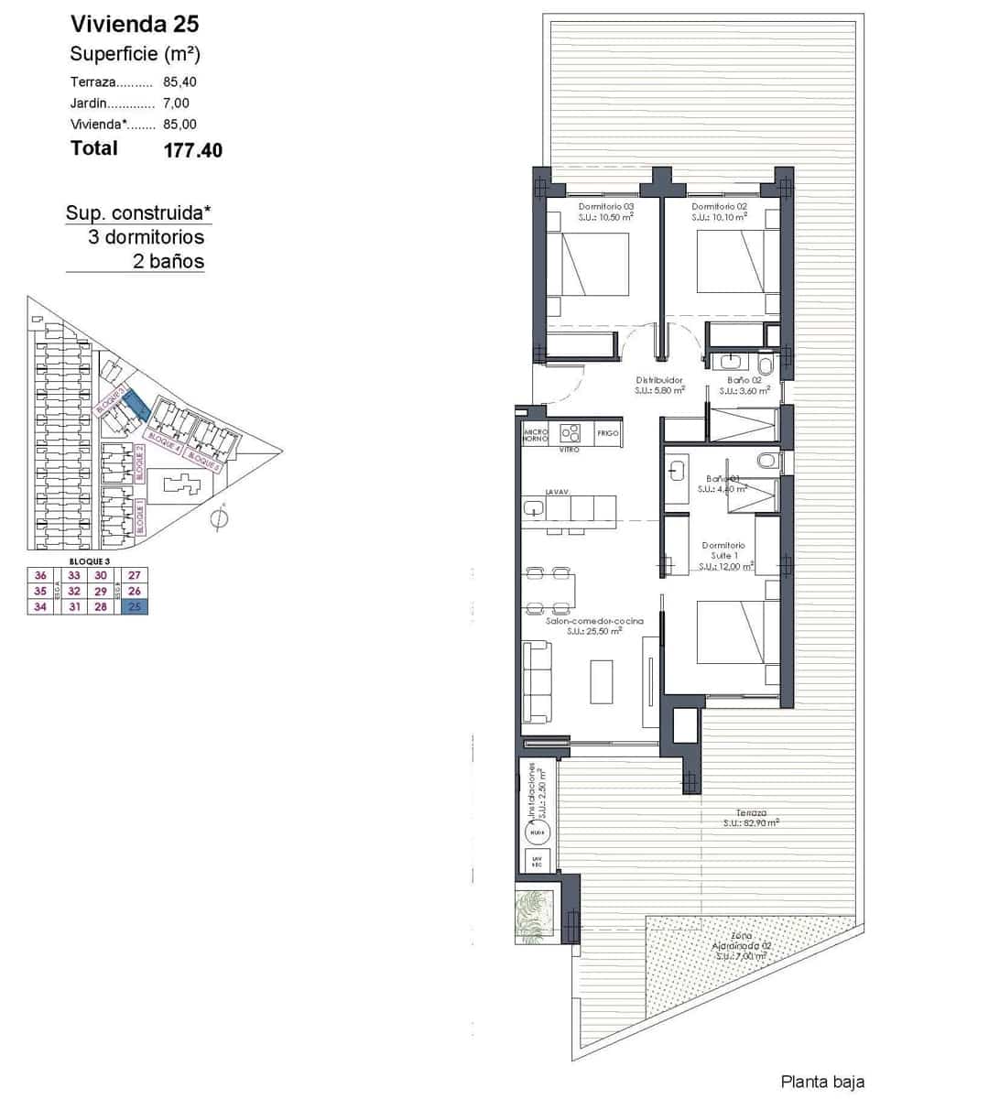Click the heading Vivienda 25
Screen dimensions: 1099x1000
(x=134, y=24)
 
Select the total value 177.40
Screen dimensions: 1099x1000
(x=192, y=150)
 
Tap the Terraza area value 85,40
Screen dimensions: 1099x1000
(x=179, y=82)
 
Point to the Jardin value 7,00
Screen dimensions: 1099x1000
(x=176, y=103)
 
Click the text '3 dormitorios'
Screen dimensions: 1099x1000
(x=146, y=237)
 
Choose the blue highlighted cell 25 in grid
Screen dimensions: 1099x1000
(x=134, y=606)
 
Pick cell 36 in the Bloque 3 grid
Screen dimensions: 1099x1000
(x=39, y=575)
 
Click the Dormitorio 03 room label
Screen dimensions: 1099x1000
(x=605, y=207)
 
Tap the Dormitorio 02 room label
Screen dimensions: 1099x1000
(x=719, y=207)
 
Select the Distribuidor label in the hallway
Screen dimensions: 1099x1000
(x=659, y=380)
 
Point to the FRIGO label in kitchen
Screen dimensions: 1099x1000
(x=607, y=432)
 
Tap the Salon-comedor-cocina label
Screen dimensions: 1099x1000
(x=582, y=621)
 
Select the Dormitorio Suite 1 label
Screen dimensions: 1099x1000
(x=723, y=550)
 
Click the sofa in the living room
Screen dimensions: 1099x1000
(x=537, y=682)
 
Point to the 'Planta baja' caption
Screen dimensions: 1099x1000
(x=821, y=1082)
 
